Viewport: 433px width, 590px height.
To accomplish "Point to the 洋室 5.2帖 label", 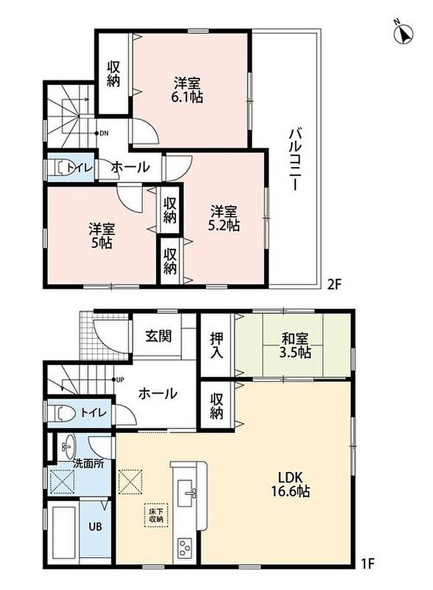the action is pos(224,218).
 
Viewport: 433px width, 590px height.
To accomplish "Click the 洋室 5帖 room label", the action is pos(101,236).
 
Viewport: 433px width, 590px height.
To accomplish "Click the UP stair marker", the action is pos(118,380).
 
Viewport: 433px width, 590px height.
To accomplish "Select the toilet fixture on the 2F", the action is pos(61,167).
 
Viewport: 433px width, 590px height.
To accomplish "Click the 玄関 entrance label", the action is pos(159,336).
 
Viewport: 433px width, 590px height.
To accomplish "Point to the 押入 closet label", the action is pos(217,345).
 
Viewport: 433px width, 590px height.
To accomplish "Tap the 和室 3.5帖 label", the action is pos(295,346).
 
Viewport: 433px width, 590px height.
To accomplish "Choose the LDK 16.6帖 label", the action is pos(291,484).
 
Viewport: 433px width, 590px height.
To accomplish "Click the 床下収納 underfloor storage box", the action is pos(156,515).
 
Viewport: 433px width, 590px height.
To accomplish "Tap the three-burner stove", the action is pos(185,549).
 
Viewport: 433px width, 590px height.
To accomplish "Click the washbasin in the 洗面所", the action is pos(68,447).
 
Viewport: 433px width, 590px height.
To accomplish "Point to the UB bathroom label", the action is pos(95,526).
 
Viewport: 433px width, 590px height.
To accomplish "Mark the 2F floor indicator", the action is pos(334,284).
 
